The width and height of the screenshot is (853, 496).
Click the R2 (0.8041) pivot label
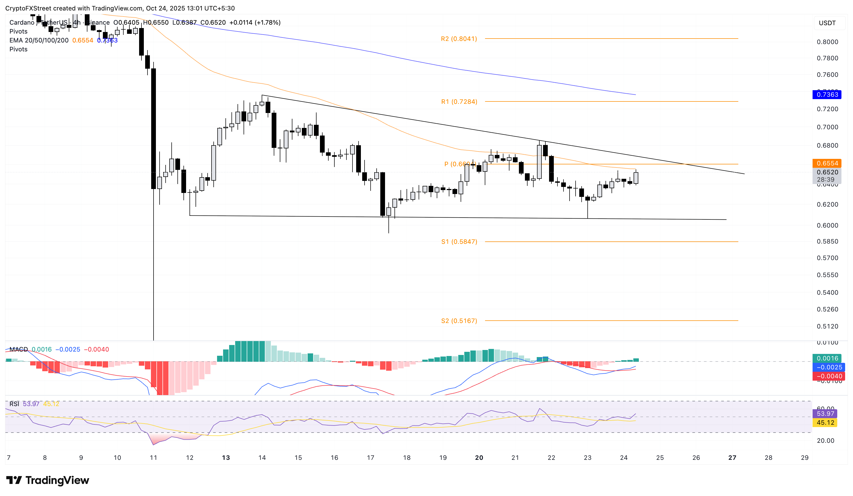coord(459,39)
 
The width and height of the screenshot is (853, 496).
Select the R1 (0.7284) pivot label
coord(459,102)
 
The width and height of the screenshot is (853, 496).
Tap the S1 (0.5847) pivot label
coord(459,242)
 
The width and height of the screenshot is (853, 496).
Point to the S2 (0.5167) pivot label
coord(459,321)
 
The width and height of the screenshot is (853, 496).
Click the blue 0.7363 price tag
coord(827,95)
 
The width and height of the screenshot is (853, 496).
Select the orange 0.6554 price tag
coord(827,163)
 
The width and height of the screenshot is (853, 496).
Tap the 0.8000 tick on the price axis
coord(827,42)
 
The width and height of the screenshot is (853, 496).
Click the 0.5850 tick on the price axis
coord(827,241)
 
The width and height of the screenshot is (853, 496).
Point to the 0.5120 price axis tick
coord(827,326)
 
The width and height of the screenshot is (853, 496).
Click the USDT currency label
coord(827,23)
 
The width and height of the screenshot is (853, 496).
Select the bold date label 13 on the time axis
coord(226,457)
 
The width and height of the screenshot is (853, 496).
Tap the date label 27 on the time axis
coord(732,457)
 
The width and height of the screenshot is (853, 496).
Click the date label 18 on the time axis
coord(407,457)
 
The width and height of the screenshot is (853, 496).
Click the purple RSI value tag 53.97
coord(825,413)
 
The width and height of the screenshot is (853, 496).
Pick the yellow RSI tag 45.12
coord(825,423)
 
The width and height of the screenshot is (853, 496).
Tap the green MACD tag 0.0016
coord(827,358)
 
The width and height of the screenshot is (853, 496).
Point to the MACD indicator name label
coord(19,349)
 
